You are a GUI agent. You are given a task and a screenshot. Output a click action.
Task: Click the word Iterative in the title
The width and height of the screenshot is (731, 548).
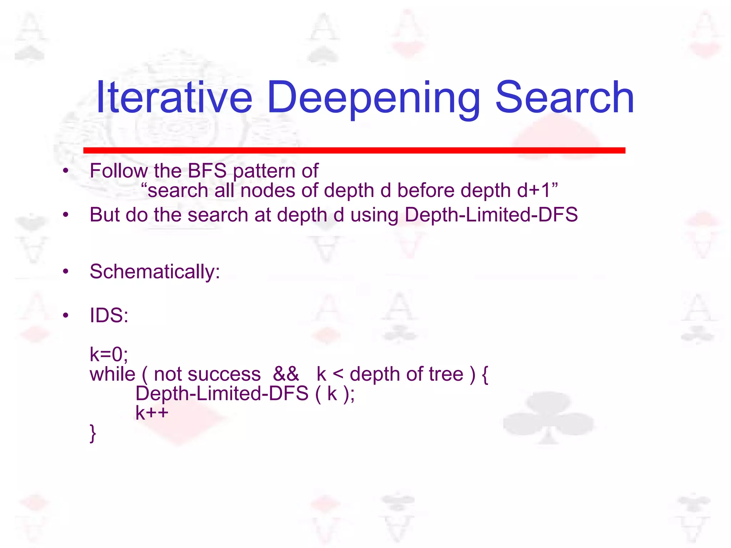pos(174,97)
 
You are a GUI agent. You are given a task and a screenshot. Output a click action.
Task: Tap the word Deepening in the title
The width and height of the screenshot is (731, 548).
pos(373,97)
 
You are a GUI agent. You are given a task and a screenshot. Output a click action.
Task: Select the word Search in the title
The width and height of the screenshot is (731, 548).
pos(565,97)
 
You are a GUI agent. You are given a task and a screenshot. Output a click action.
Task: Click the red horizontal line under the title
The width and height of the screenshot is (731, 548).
pos(354,150)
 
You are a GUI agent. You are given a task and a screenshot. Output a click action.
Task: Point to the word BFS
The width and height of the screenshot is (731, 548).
pos(207,171)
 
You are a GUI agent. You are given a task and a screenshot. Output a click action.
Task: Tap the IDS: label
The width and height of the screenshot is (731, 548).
pos(109,315)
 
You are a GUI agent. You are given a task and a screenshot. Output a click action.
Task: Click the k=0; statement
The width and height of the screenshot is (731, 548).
pos(109,354)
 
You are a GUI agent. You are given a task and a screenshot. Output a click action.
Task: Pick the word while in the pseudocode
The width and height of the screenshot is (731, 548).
pos(112,374)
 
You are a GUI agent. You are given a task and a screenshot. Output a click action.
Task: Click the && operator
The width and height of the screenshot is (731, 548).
pos(286,374)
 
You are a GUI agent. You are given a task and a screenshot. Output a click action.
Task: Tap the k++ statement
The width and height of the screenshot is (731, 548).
pos(152,413)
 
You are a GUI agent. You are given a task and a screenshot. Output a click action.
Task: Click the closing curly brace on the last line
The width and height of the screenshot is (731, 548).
pos(93,433)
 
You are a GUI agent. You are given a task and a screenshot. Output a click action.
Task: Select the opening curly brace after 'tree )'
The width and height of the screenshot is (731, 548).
pos(485,375)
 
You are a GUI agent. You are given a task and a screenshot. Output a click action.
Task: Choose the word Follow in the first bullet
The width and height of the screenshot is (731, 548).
pos(118,171)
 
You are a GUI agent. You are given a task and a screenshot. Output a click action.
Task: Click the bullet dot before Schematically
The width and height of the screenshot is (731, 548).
pos(65,272)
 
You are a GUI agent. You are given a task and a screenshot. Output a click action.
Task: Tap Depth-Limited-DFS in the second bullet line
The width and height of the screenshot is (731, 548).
pos(491,215)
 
